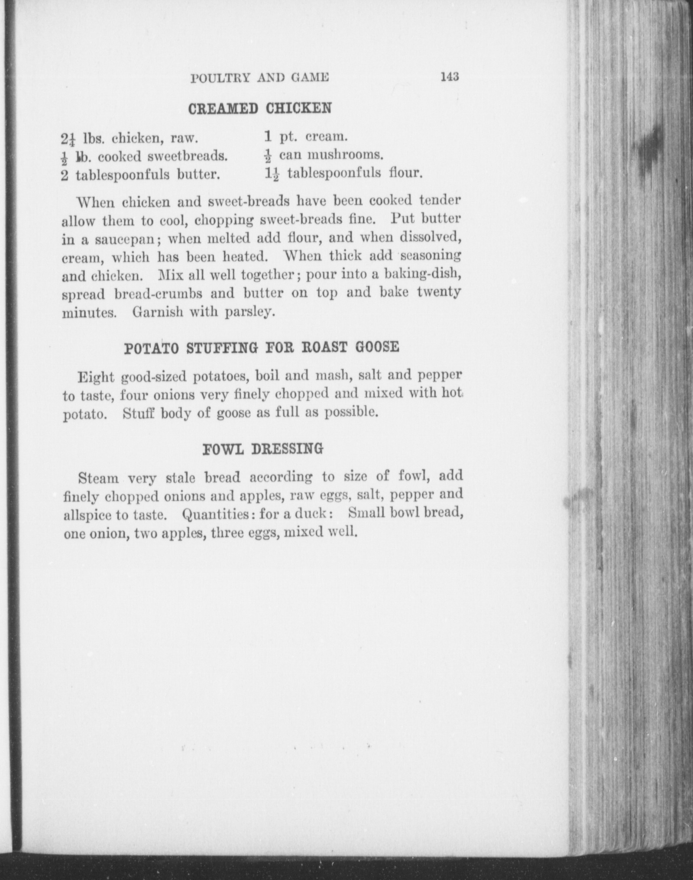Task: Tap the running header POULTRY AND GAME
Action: point(260,78)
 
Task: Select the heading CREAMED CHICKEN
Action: point(260,108)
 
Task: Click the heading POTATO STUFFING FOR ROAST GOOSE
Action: point(261,348)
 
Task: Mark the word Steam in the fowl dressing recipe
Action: point(98,478)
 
